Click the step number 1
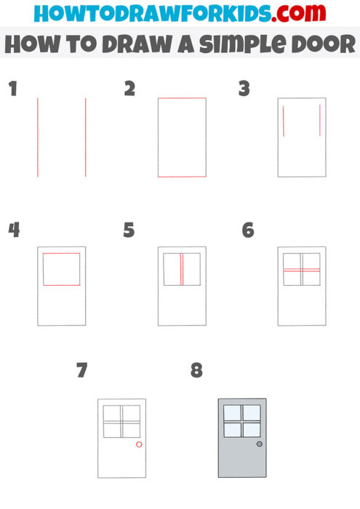[12, 89]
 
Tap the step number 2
[130, 89]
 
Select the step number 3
[244, 89]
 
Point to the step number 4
[13, 231]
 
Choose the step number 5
[129, 231]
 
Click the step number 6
[247, 231]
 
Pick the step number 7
[82, 370]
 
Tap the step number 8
[196, 370]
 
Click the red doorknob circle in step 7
[139, 444]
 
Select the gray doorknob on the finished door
[260, 444]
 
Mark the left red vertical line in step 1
[38, 137]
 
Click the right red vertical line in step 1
[85, 137]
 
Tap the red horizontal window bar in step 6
[301, 270]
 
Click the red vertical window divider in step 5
[181, 269]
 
